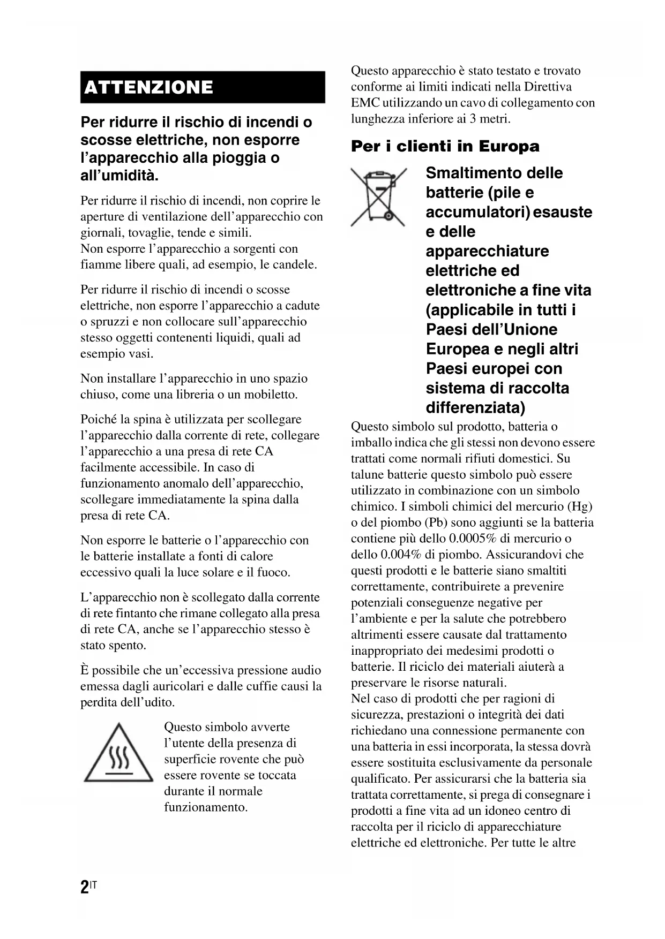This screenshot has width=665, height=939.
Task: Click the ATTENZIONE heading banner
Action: point(203,87)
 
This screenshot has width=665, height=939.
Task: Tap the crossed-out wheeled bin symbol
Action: point(378,196)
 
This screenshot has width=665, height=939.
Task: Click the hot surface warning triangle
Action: point(118,753)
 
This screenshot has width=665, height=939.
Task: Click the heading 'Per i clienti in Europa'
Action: point(445,146)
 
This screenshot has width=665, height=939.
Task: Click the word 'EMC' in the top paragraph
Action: point(366,103)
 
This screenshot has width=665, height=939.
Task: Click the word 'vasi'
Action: point(142,354)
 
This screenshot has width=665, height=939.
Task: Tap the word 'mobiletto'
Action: point(271,395)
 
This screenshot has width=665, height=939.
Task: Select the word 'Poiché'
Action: point(98,419)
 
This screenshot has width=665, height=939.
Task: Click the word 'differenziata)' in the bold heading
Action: point(475,408)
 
